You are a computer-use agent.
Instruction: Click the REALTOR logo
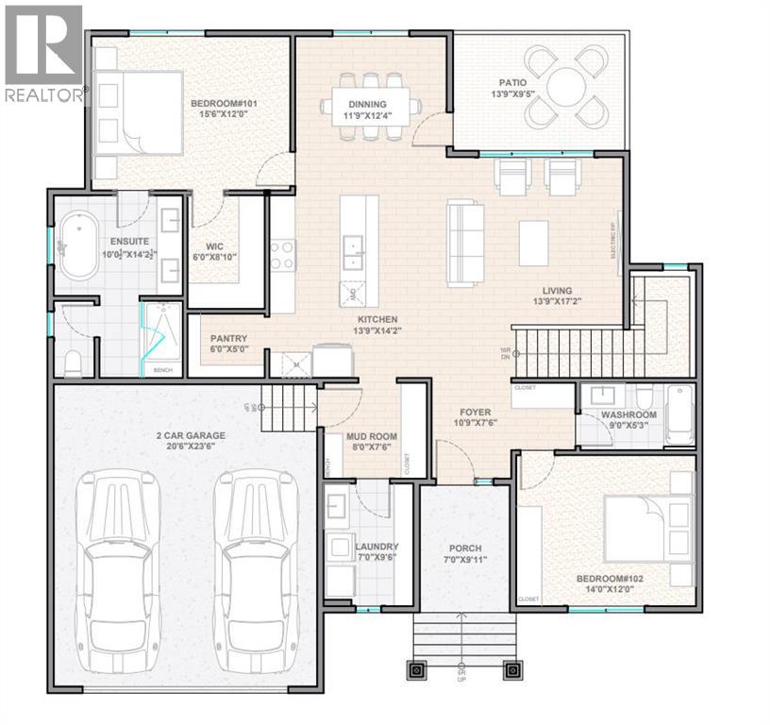pyautogui.click(x=43, y=52)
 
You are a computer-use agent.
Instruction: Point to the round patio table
pyautogui.click(x=566, y=87)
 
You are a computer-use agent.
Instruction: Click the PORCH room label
pyautogui.click(x=465, y=548)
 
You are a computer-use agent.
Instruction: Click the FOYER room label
pyautogui.click(x=474, y=412)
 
